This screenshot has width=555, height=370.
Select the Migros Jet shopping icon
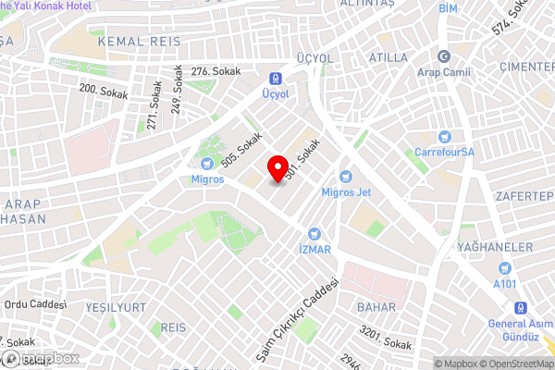[346, 177]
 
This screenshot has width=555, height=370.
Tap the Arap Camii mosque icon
[443, 56]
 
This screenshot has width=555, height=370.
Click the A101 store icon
[505, 268]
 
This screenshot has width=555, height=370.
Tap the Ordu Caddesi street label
[36, 304]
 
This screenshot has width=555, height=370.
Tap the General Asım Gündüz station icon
[521, 308]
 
